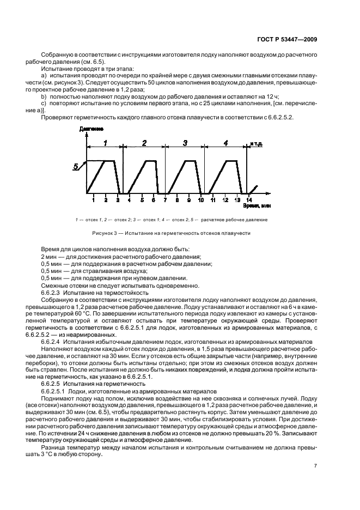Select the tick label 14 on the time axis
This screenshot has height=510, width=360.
point(249,201)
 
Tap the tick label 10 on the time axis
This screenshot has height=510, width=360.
point(200,201)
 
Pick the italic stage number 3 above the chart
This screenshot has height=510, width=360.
point(185,143)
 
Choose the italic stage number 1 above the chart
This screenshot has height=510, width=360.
point(106,143)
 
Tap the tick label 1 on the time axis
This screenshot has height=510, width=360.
point(93,201)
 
